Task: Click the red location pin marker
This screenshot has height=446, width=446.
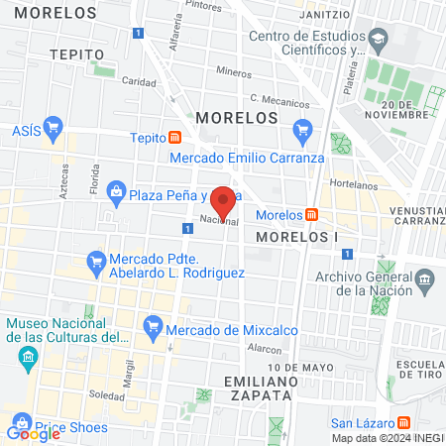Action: [223, 201]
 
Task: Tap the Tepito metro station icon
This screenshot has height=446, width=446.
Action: [175, 138]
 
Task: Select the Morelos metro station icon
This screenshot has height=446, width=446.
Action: [311, 215]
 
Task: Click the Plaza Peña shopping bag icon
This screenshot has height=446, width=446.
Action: [116, 191]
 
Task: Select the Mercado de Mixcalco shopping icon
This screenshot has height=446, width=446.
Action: [153, 324]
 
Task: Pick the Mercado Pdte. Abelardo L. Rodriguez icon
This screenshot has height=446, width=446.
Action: [96, 262]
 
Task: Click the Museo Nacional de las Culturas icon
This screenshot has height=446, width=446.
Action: [27, 355]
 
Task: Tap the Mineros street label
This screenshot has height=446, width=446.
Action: [234, 72]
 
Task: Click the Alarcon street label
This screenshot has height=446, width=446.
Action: [266, 349]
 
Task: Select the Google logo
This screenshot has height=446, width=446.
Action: [33, 432]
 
